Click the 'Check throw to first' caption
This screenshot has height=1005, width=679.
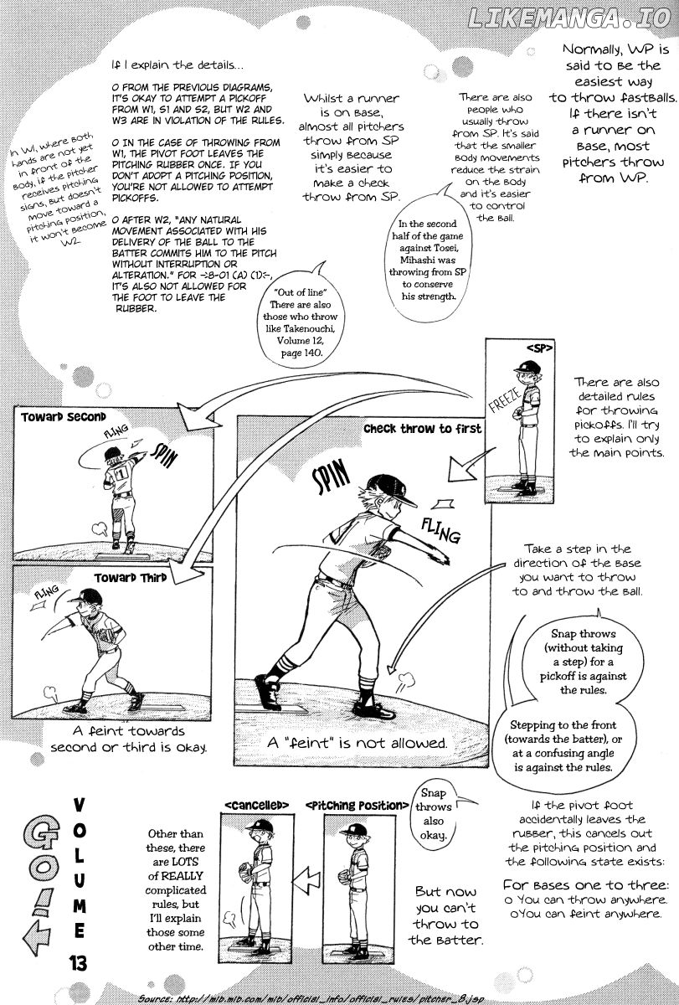click(422, 430)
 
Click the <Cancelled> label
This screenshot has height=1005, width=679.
click(256, 805)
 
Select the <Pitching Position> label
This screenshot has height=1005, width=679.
click(352, 805)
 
